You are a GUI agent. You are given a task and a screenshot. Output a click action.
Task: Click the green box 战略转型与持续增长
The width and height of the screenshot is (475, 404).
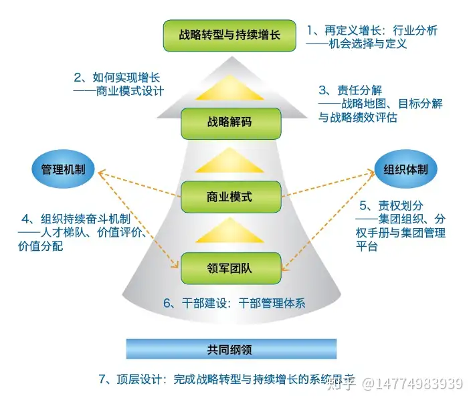click(230, 35)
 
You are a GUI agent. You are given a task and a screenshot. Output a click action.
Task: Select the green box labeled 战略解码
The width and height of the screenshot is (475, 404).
click(229, 122)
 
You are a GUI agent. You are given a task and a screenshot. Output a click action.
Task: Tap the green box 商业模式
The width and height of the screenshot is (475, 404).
click(229, 197)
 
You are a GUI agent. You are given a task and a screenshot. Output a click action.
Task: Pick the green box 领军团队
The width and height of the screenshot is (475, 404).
click(229, 269)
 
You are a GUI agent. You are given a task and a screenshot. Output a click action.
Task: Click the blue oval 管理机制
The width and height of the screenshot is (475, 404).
click(64, 169)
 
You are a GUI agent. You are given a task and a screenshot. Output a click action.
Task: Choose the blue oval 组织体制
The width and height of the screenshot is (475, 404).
click(405, 169)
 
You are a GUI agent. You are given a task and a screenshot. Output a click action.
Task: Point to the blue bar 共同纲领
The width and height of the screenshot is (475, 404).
click(229, 348)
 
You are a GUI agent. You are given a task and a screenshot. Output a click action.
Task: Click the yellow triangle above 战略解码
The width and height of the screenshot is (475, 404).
click(229, 90)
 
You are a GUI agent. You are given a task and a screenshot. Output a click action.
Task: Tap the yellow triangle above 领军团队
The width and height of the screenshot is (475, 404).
click(229, 233)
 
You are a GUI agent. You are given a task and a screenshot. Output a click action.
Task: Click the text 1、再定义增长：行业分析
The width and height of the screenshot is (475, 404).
click(372, 30)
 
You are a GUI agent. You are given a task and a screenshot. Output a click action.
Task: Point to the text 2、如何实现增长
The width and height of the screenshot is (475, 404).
click(117, 78)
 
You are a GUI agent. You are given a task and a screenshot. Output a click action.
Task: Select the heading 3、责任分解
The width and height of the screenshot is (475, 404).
click(350, 90)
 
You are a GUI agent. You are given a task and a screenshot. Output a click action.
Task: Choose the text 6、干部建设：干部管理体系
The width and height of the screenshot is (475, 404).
click(234, 302)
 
